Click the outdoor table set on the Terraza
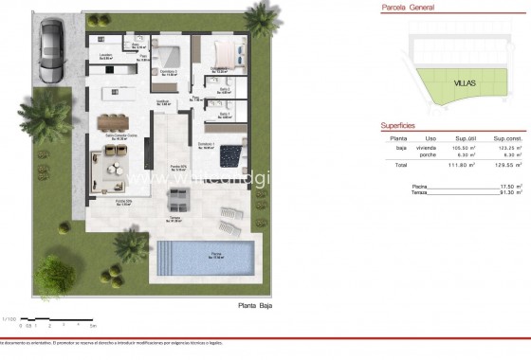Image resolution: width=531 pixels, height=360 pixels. click(x=178, y=200)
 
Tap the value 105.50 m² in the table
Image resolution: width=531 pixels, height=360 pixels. click(x=464, y=148)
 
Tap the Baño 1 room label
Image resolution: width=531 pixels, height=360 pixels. click(x=225, y=115)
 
